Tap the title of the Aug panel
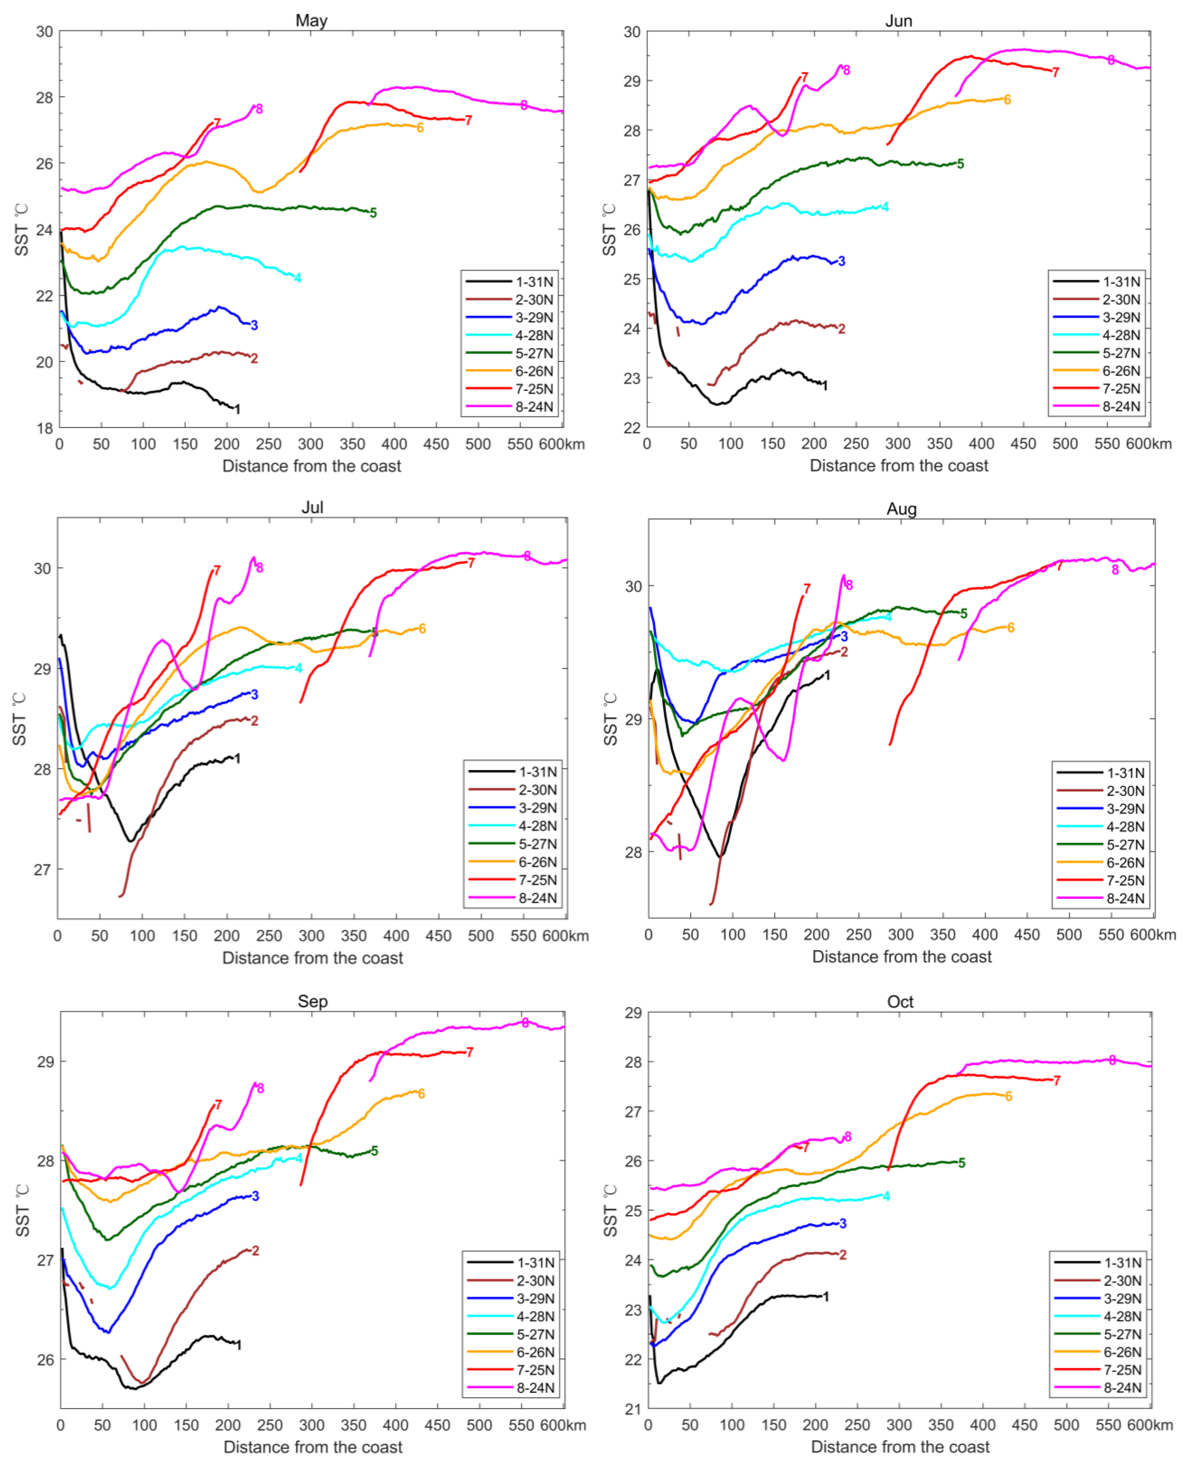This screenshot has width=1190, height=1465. click(901, 509)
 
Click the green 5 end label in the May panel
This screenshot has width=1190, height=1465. click(373, 213)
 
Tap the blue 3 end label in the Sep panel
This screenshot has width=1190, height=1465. click(256, 1196)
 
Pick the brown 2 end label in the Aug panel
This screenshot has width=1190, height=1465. click(844, 652)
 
